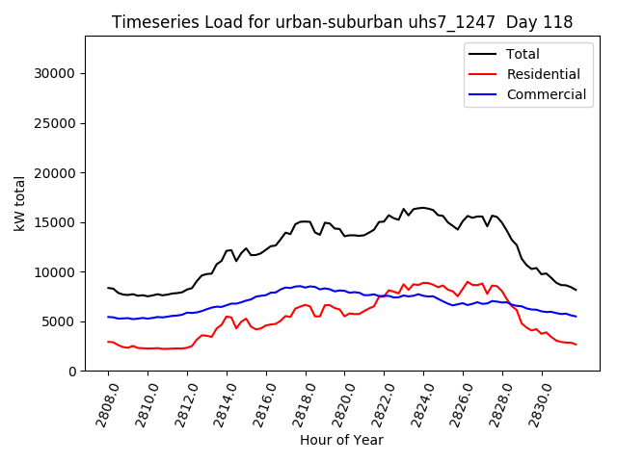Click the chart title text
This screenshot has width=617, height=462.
342,22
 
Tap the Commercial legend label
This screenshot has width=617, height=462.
547,94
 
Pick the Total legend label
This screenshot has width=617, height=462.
523,54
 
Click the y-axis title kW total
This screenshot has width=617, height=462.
20,203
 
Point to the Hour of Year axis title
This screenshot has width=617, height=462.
341,440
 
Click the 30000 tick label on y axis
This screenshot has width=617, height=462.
55,73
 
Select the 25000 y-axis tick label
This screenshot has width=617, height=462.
55,123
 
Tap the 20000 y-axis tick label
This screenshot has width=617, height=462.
55,173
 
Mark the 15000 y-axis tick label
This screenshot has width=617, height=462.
55,222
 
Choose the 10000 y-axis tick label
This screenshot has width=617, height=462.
55,272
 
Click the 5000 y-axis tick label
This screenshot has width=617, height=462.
59,322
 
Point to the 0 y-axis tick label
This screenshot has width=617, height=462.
71,372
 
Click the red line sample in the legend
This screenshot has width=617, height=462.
485,74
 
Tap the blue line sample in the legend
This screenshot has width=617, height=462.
485,94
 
